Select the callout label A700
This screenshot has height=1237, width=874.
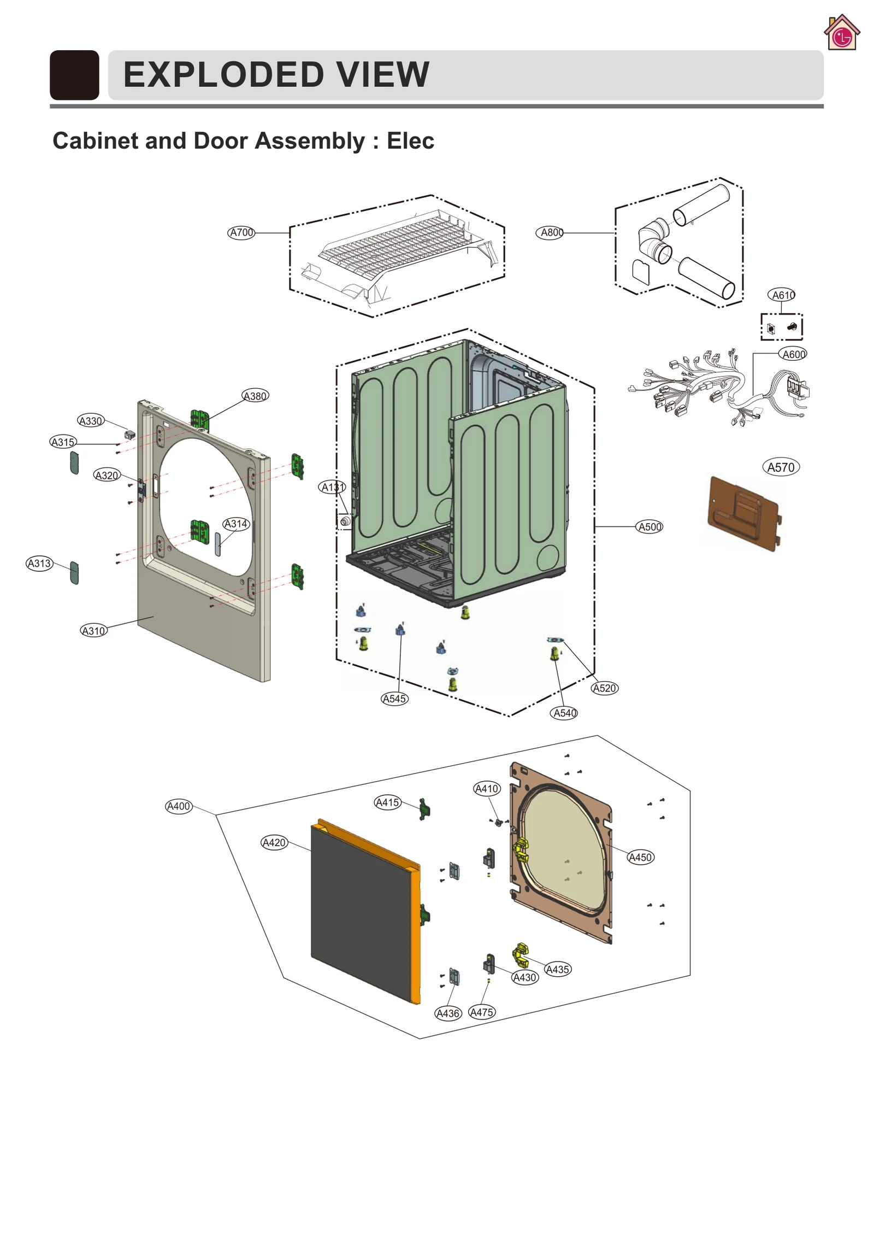click(241, 232)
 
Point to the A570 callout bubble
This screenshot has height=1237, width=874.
click(781, 467)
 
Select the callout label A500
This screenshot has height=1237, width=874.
click(649, 527)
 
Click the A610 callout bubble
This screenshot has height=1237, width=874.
click(782, 295)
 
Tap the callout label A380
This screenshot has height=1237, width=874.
click(255, 396)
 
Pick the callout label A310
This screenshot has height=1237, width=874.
click(93, 631)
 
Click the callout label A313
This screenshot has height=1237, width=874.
click(39, 563)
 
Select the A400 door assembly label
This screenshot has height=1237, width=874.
click(179, 806)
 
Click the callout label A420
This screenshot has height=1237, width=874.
click(274, 842)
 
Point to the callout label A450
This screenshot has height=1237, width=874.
click(640, 857)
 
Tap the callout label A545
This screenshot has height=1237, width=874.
click(394, 699)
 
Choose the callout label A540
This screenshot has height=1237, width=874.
click(565, 713)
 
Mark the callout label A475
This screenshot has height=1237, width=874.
click(482, 1012)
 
